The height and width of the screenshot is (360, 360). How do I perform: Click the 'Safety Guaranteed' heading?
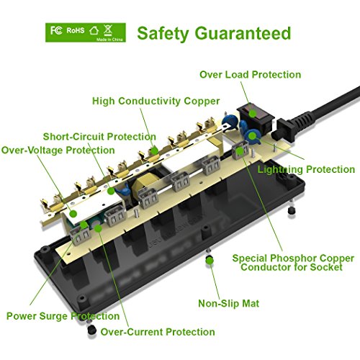[x=214, y=34]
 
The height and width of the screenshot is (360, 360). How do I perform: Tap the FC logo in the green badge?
[x=56, y=30]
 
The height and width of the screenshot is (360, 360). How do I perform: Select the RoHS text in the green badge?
[x=76, y=30]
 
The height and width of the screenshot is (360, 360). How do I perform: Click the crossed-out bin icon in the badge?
[x=108, y=30]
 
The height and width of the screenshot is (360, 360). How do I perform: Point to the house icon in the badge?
[x=94, y=30]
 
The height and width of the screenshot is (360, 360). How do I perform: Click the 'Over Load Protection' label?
[x=251, y=75]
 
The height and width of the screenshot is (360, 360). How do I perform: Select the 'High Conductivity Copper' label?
[x=156, y=101]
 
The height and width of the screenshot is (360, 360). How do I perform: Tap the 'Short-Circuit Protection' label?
[x=99, y=137]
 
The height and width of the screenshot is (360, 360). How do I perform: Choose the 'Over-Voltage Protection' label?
[x=58, y=150]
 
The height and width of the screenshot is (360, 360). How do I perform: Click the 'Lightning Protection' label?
[x=306, y=169]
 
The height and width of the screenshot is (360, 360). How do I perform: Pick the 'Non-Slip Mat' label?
[x=228, y=304]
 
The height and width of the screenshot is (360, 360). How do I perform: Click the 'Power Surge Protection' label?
[x=63, y=316]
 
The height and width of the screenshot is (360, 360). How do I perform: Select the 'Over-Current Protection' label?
[x=158, y=332]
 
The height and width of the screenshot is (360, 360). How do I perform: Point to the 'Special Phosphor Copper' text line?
[x=293, y=258]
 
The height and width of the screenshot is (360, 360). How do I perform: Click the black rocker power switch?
[x=256, y=118]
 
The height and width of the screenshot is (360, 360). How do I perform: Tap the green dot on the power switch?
[x=252, y=113]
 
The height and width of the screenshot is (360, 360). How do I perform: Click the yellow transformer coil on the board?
[x=141, y=186]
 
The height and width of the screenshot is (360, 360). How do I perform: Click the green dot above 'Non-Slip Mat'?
[x=210, y=261]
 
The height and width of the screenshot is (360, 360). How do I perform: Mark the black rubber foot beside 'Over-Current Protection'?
[x=91, y=330]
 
